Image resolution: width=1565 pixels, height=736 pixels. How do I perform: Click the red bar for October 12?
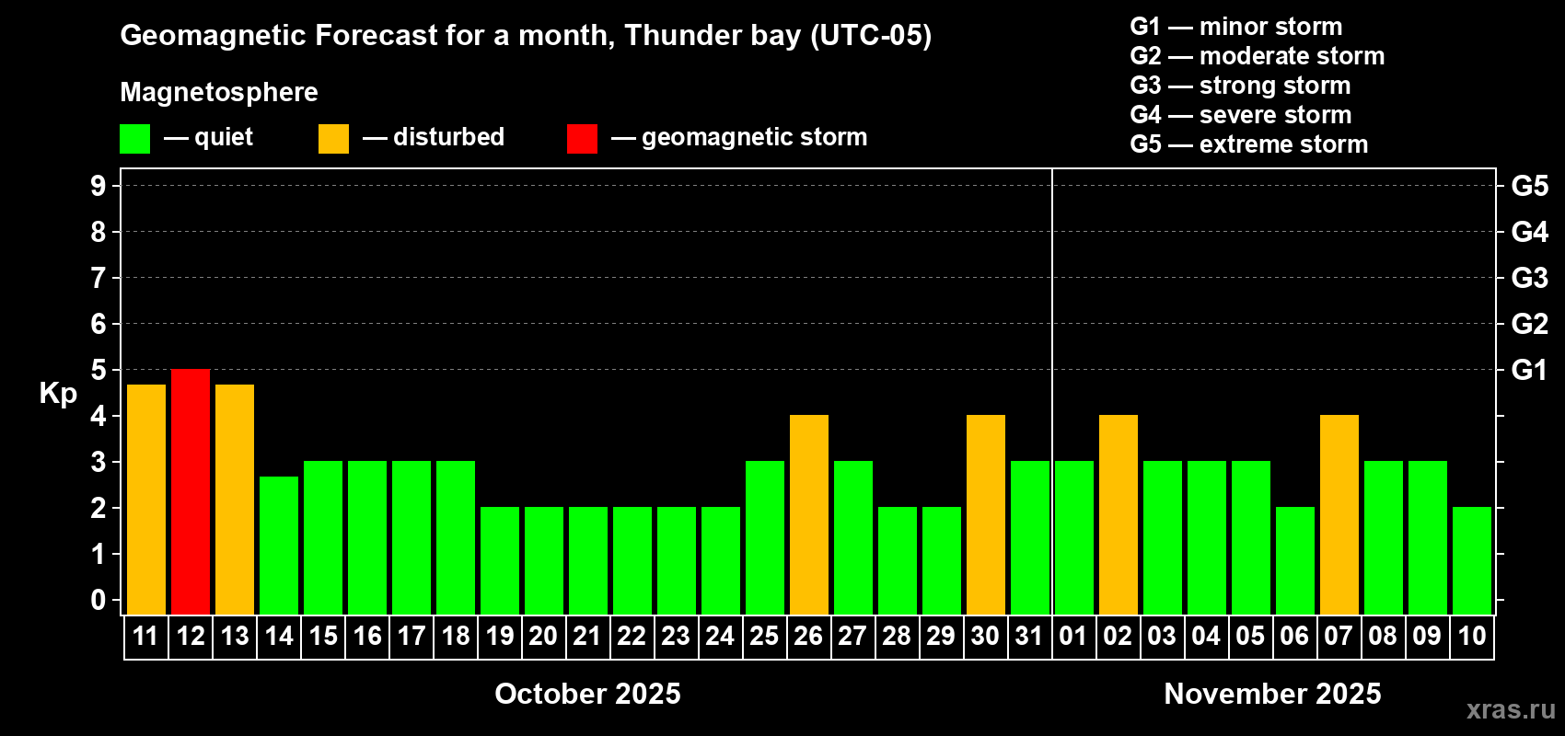(190, 491)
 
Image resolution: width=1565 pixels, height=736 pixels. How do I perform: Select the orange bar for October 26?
(809, 514)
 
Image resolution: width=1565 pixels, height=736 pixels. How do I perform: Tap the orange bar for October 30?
(986, 514)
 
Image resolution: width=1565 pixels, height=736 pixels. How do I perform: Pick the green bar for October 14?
(279, 546)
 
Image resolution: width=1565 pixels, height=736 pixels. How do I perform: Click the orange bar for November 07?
(1339, 514)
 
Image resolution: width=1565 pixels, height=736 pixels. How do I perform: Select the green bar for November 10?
(1472, 560)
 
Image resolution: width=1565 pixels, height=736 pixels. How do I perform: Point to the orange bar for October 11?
(146, 500)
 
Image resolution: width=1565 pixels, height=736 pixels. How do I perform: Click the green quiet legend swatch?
(134, 138)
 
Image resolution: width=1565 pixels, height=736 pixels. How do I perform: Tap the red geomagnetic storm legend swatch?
(582, 138)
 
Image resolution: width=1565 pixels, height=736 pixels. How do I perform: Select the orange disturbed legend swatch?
(333, 138)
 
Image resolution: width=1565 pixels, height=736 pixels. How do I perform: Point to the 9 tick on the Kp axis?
(98, 186)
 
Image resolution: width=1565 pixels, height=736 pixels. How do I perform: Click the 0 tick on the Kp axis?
(98, 600)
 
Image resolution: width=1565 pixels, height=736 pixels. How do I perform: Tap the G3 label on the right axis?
(1530, 278)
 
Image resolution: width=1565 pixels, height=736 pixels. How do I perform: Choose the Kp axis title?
(58, 393)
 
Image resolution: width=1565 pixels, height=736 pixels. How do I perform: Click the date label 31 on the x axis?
(1029, 636)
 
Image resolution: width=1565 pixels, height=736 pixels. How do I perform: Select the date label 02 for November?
(1118, 636)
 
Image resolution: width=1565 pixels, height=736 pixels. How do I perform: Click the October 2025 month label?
(587, 694)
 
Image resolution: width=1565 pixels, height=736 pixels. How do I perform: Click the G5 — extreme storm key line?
(1249, 144)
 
